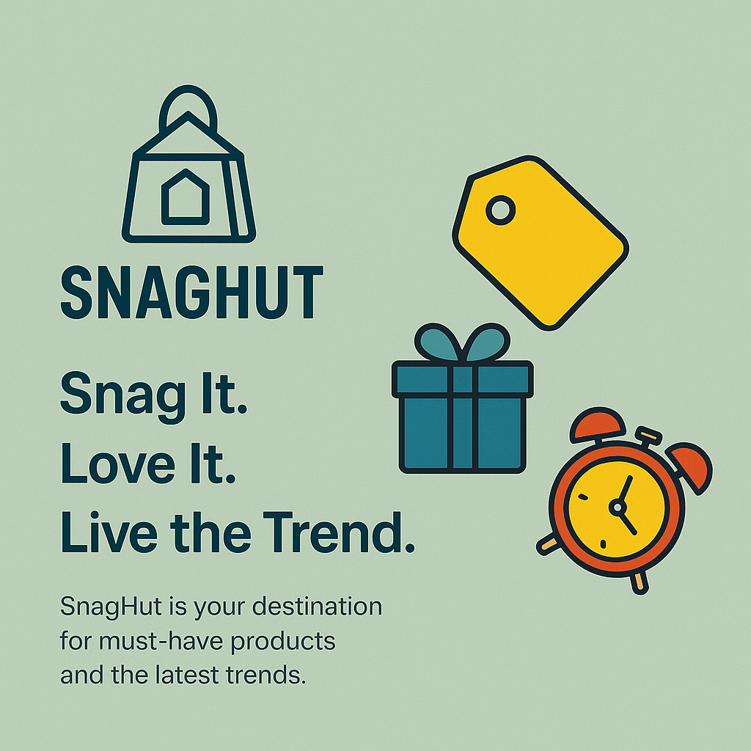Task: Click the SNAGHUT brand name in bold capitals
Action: click(192, 292)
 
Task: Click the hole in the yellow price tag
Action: click(500, 210)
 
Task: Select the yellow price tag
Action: click(541, 243)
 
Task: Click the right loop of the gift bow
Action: click(488, 342)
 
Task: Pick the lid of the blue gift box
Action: click(462, 379)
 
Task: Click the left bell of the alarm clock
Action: click(597, 425)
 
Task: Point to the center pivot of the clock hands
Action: click(618, 508)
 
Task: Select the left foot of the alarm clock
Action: click(547, 545)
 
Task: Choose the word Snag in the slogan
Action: click(122, 395)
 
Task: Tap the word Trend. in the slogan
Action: click(339, 532)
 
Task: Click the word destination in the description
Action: click(317, 607)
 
